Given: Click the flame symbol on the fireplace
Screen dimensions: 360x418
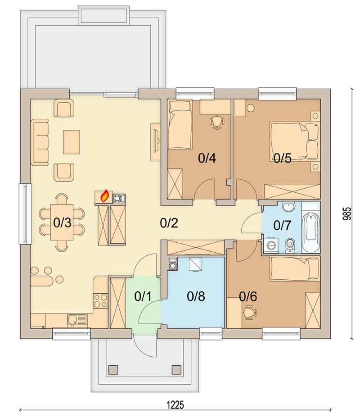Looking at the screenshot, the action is (x=104, y=195).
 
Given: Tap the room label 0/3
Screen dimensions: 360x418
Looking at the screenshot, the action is (x=62, y=223).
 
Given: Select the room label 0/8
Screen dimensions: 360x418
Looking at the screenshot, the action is (x=196, y=296).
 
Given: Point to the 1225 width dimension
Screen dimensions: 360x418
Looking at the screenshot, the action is (x=175, y=405).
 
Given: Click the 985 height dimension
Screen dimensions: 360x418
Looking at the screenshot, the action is (x=347, y=214).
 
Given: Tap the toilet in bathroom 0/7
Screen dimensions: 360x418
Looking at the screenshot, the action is (x=289, y=245).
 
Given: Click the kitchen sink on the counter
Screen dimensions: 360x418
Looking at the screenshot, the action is (x=77, y=320).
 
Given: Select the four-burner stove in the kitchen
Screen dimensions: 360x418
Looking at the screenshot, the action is (x=100, y=301).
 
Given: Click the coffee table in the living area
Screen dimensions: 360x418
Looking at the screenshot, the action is (x=72, y=142).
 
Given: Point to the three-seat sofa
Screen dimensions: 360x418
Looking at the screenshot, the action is (x=40, y=142).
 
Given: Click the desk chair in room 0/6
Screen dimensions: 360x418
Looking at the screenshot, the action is (x=250, y=313).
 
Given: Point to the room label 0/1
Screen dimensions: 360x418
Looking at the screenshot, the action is (x=143, y=296).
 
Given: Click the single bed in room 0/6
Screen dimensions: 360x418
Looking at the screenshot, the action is (x=294, y=268).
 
